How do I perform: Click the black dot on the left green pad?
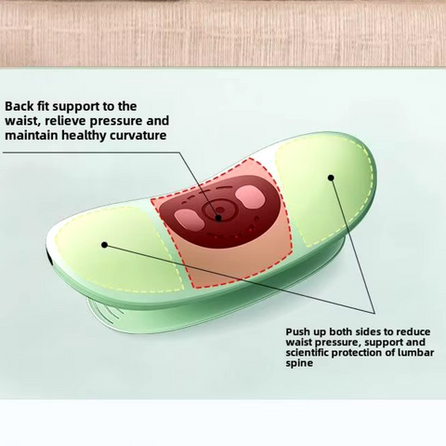tap(104, 245)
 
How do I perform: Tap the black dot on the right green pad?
tap(330, 175)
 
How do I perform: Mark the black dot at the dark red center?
tap(219, 218)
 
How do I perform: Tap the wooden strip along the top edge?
tap(223, 33)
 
